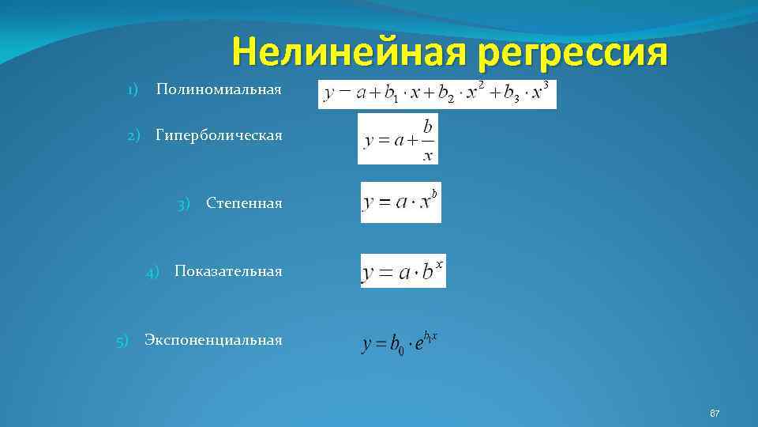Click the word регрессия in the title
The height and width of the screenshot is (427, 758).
(x=572, y=54)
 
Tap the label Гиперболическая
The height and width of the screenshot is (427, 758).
(x=219, y=135)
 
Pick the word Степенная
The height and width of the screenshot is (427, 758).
(x=244, y=203)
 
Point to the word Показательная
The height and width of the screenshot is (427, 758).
(x=228, y=271)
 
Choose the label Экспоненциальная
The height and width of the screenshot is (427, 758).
(x=213, y=340)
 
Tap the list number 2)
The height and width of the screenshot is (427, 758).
(x=135, y=135)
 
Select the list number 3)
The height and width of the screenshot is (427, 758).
(x=184, y=204)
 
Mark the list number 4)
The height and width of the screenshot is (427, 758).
(x=153, y=272)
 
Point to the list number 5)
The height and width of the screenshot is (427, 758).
(x=122, y=341)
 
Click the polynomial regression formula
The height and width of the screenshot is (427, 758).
(x=437, y=93)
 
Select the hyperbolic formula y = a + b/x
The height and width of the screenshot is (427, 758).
(x=397, y=138)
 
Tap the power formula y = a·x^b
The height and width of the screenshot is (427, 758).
(x=401, y=202)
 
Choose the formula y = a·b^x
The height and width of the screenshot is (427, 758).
(x=403, y=270)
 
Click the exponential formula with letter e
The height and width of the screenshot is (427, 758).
(x=400, y=343)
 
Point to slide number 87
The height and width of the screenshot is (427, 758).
(x=715, y=414)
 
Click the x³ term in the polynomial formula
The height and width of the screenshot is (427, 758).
(x=539, y=92)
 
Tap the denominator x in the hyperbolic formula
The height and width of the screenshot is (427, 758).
(x=427, y=154)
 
